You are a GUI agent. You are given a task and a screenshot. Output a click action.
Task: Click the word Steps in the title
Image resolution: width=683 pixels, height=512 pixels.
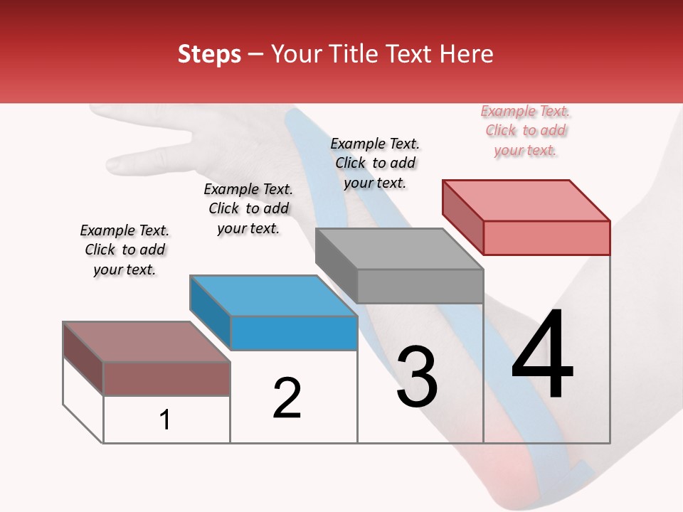pyautogui.click(x=209, y=54)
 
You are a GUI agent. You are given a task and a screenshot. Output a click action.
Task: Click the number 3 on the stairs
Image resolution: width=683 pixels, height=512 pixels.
pyautogui.click(x=416, y=377)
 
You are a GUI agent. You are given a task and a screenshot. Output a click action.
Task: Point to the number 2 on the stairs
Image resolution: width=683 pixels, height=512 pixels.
pyautogui.click(x=287, y=398)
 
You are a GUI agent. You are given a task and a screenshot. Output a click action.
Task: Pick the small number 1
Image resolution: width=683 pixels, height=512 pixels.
pyautogui.click(x=165, y=420)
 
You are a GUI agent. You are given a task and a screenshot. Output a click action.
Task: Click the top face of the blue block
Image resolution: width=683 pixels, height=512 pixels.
pyautogui.click(x=274, y=295)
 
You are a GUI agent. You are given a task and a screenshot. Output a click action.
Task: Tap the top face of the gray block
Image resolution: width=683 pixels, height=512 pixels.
pyautogui.click(x=400, y=249)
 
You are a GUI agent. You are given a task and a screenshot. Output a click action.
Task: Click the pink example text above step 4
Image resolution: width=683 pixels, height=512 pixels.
pyautogui.click(x=525, y=131)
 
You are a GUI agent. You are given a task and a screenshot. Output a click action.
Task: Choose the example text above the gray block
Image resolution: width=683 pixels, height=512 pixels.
pyautogui.click(x=375, y=164)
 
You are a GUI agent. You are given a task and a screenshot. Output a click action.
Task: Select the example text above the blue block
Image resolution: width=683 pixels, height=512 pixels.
pyautogui.click(x=248, y=209)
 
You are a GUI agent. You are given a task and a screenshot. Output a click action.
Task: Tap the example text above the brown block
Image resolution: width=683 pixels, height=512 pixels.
pyautogui.click(x=125, y=250)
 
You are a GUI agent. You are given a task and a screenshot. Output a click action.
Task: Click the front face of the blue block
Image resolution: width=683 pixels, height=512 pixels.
pyautogui.click(x=294, y=333)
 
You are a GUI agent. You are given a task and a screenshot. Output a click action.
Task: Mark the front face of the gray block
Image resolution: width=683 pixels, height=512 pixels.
pyautogui.click(x=420, y=286)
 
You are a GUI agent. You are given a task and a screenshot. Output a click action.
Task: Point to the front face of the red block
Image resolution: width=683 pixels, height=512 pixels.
pyautogui.click(x=546, y=238)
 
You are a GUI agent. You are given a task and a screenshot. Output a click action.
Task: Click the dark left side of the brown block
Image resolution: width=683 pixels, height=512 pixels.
pyautogui.click(x=83, y=357)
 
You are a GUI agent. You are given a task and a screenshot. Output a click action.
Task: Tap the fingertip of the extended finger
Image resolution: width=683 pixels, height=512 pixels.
pyautogui.click(x=112, y=164)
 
